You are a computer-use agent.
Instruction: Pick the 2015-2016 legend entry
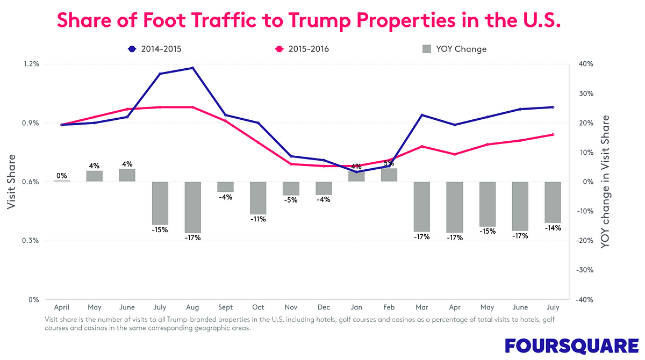point(302,49)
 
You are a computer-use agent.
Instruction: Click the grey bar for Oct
point(258,198)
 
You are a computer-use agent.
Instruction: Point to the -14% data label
point(553,228)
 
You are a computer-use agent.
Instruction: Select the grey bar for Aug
point(192,207)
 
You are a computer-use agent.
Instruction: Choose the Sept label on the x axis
point(225,307)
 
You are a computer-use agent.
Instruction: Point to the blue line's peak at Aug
point(192,68)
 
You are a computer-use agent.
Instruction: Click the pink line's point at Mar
point(421,146)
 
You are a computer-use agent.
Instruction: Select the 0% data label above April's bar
point(61,176)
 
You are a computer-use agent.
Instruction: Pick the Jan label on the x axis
point(356,307)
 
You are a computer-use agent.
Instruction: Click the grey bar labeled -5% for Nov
point(291,188)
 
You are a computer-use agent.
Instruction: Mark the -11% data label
point(258,219)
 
